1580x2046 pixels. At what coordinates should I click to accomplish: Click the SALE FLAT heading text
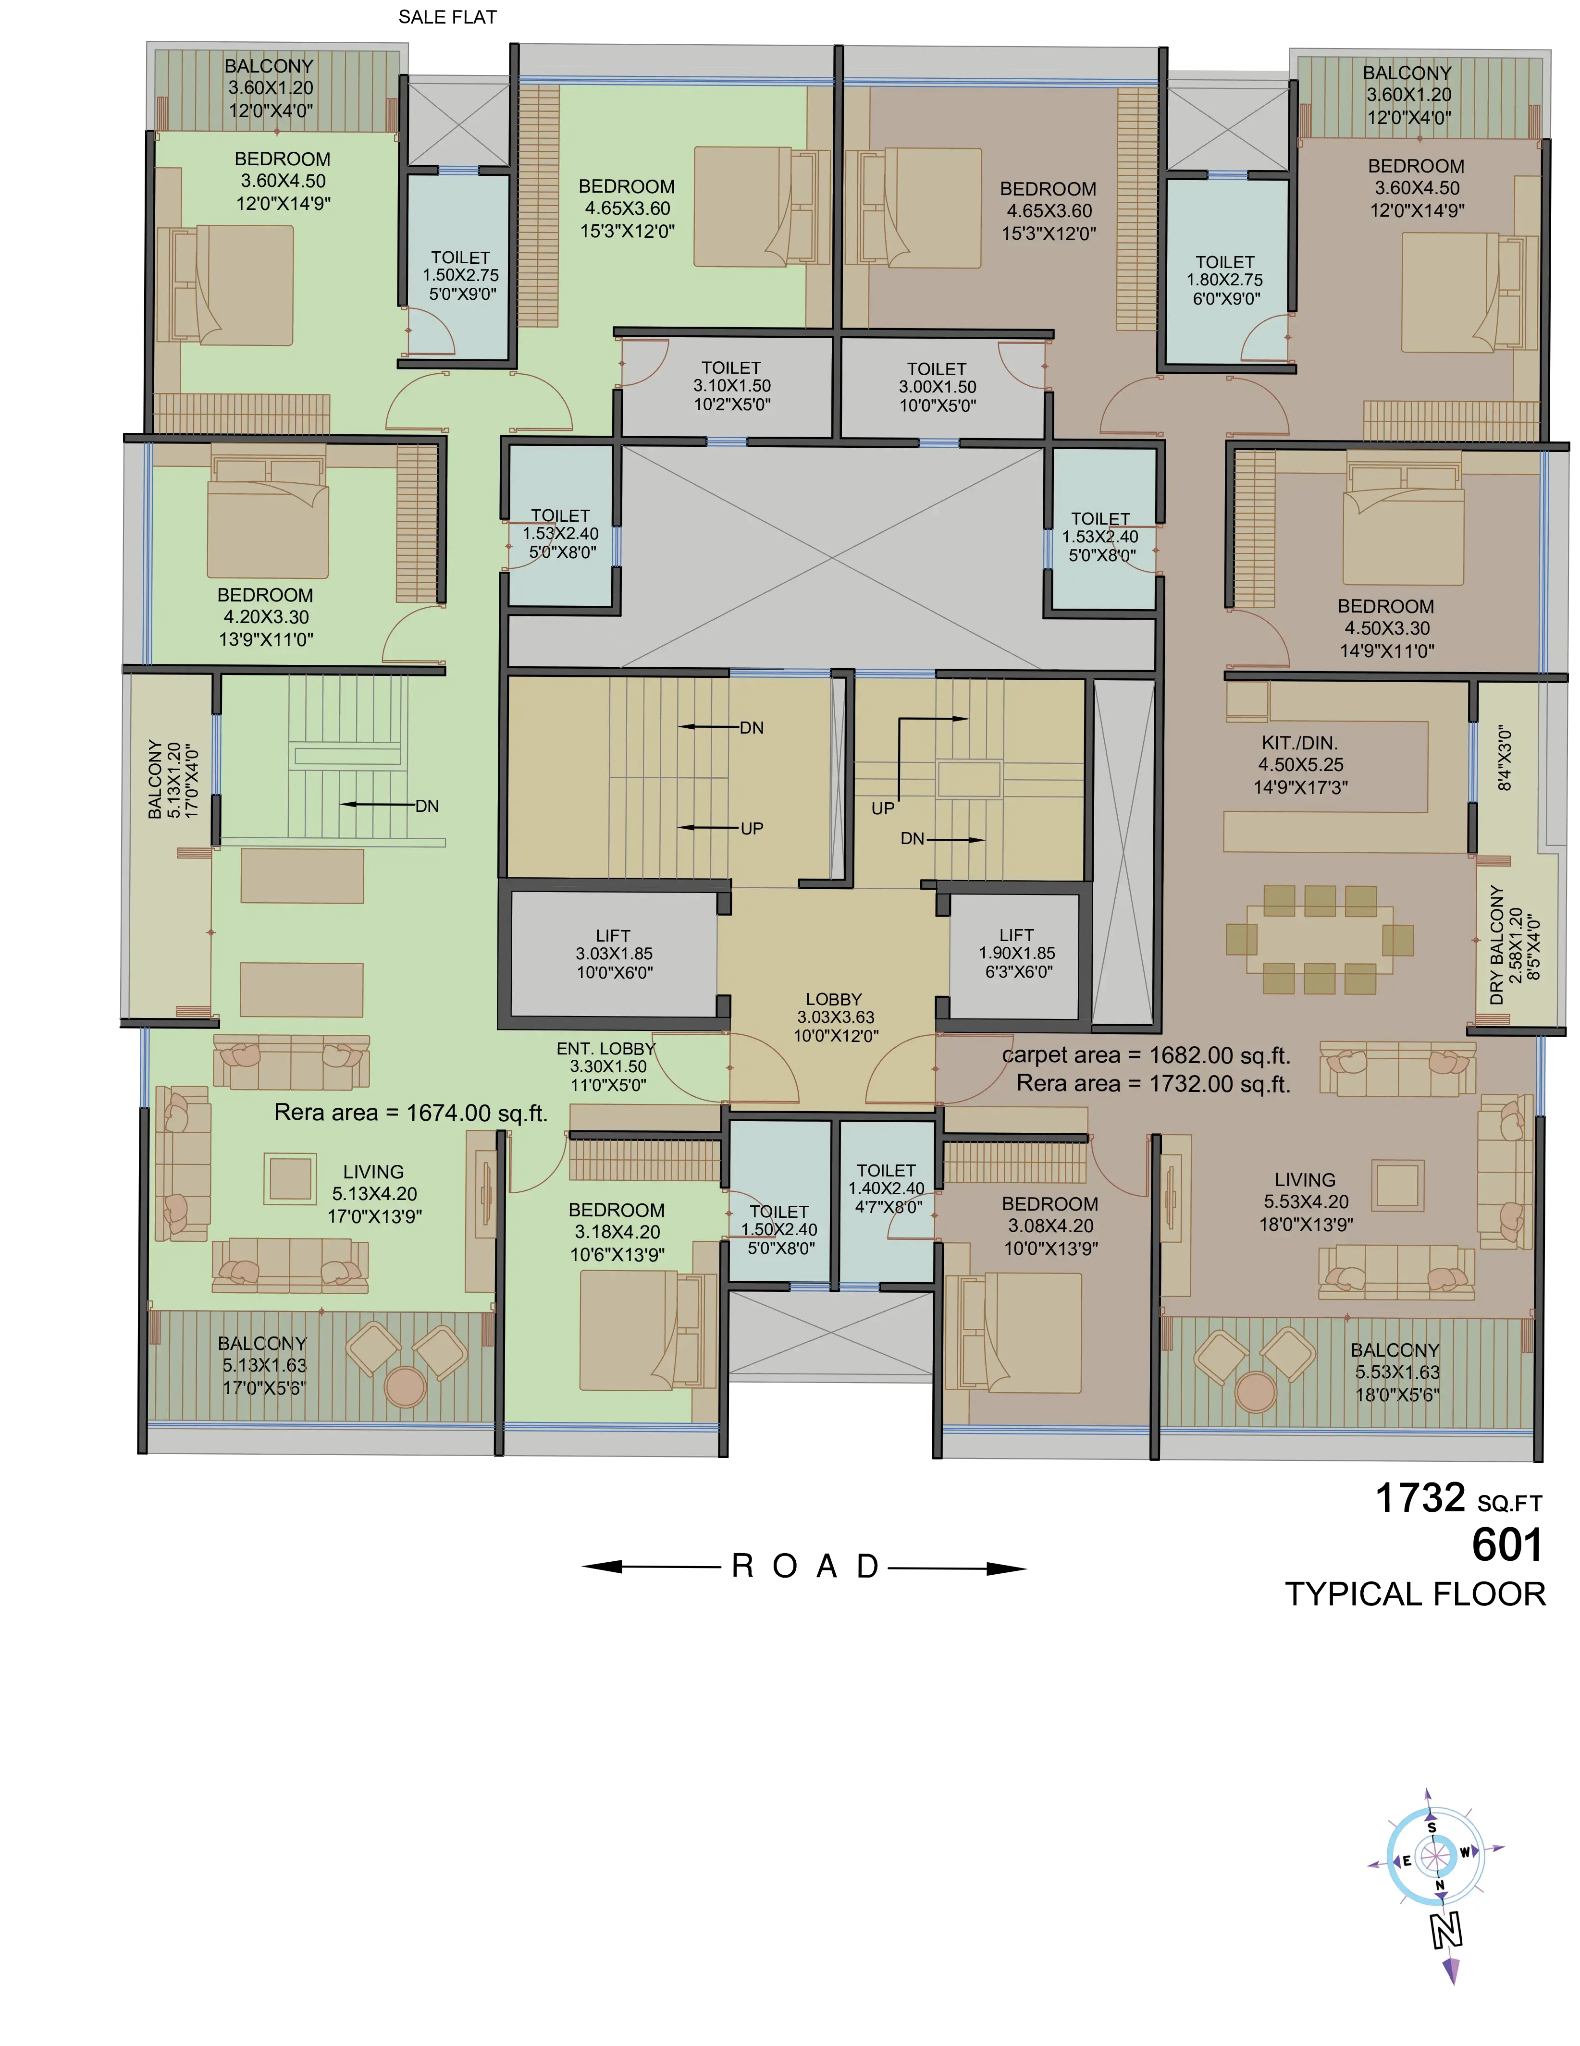point(447,17)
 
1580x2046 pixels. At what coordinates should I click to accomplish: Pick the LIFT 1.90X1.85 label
point(1017,953)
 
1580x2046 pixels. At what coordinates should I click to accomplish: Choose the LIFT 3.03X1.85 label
point(614,954)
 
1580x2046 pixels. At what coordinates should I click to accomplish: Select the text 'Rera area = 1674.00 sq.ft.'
point(410,1113)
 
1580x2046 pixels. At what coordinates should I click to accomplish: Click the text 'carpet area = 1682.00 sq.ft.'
point(1146,1055)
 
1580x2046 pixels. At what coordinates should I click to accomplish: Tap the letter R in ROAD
point(742,1567)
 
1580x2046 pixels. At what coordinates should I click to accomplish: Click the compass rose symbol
point(1434,1855)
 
